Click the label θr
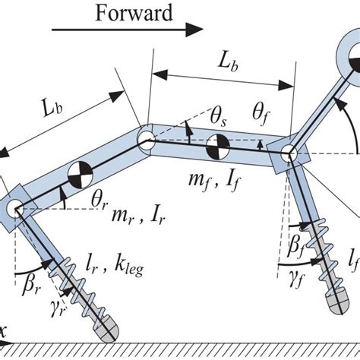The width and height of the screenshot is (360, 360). click(99, 198)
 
